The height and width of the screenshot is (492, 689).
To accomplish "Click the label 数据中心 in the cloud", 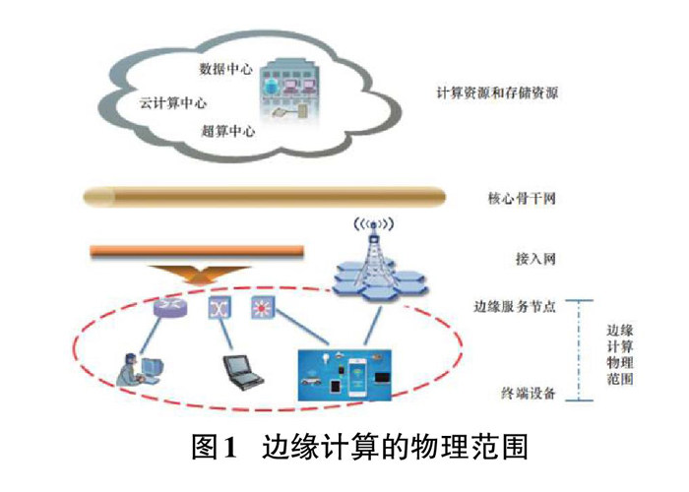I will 225,70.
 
